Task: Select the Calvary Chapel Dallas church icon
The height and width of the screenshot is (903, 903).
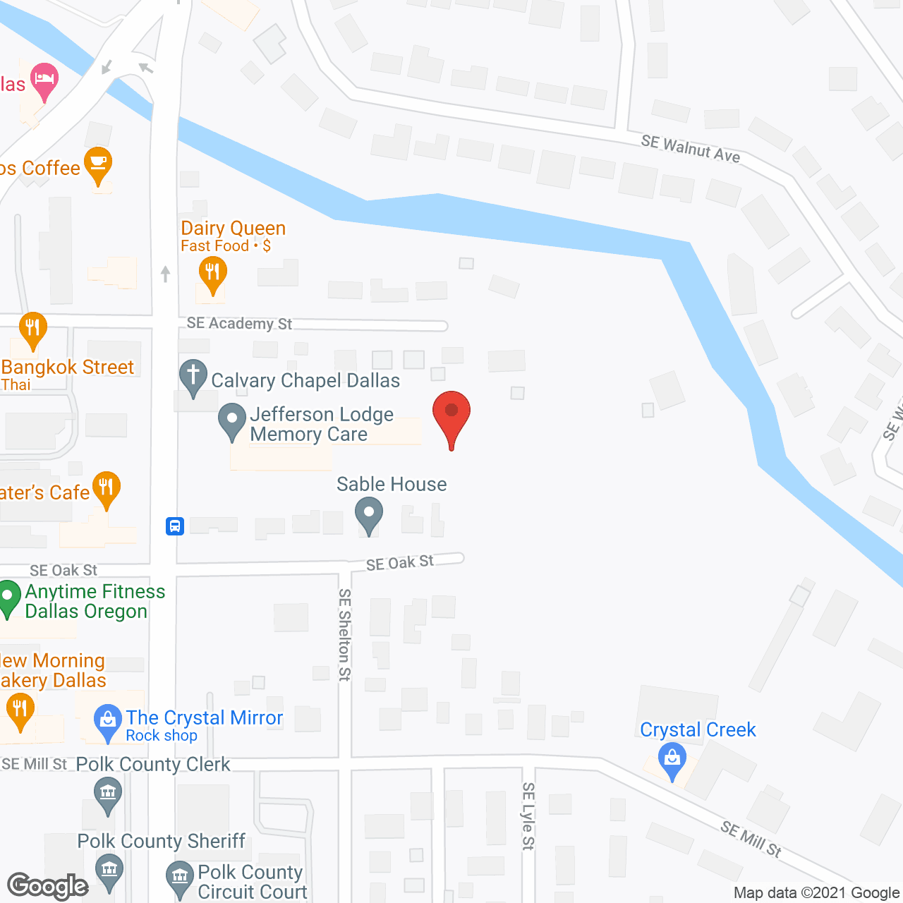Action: pyautogui.click(x=193, y=377)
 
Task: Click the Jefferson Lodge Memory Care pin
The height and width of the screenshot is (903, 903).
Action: pyautogui.click(x=231, y=420)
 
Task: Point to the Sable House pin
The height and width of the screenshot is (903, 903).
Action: pyautogui.click(x=368, y=514)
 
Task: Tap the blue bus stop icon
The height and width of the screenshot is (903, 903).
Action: pyautogui.click(x=175, y=526)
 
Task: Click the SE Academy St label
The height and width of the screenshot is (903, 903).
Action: pyautogui.click(x=239, y=323)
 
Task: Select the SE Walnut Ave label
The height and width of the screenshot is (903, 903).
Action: pyautogui.click(x=691, y=149)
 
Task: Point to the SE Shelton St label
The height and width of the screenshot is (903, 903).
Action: pyautogui.click(x=344, y=635)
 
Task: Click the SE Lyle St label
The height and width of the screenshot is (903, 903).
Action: pyautogui.click(x=528, y=816)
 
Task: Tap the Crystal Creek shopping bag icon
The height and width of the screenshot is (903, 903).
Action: pyautogui.click(x=672, y=760)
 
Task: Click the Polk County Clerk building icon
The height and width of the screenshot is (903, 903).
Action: pyautogui.click(x=107, y=794)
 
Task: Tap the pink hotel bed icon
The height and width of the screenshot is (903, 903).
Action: pyautogui.click(x=44, y=79)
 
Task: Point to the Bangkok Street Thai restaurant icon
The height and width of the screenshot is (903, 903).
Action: pyautogui.click(x=32, y=329)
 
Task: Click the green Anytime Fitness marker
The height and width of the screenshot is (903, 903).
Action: pyautogui.click(x=8, y=597)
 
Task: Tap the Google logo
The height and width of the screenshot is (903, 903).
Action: pyautogui.click(x=48, y=886)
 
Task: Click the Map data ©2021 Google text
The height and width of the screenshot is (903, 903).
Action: pyautogui.click(x=816, y=893)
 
